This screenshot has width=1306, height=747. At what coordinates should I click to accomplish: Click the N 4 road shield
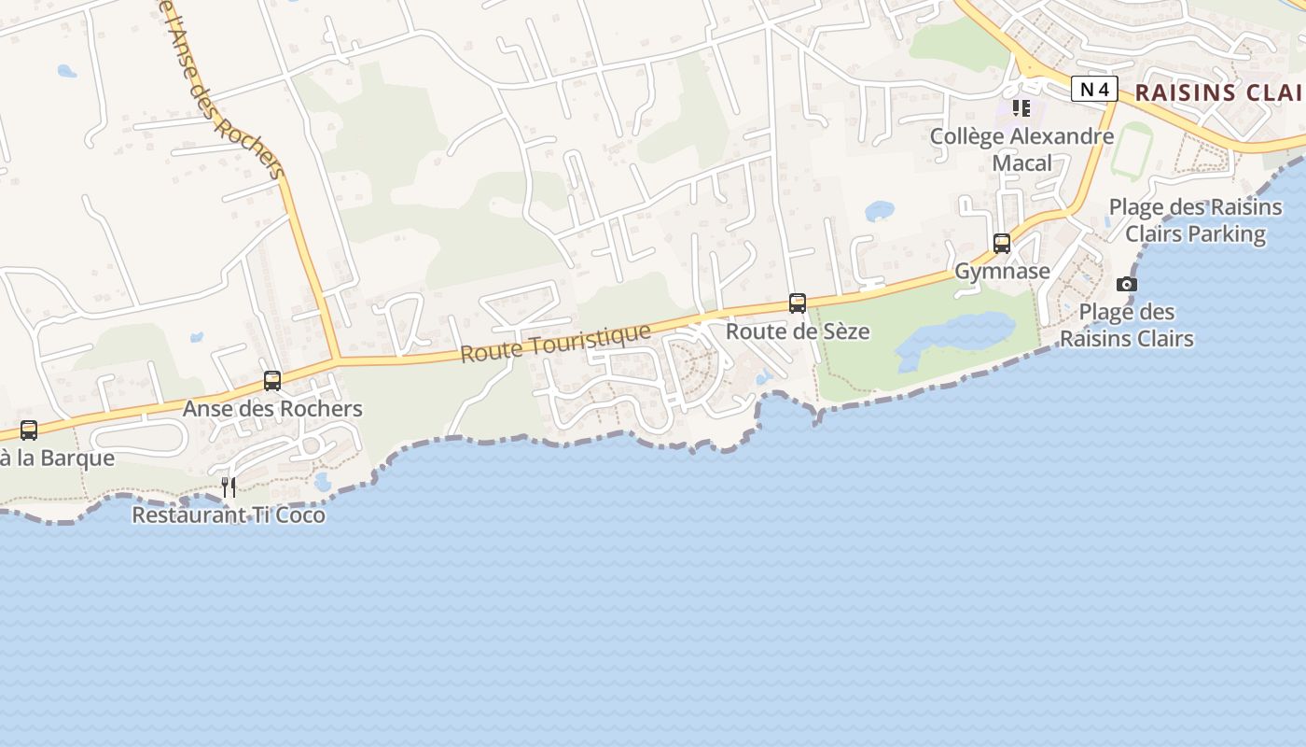click(x=1094, y=90)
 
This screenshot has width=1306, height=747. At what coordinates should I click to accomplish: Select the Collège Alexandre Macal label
click(x=1021, y=149)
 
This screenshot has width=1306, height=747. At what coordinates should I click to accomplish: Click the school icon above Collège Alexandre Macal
click(x=1021, y=108)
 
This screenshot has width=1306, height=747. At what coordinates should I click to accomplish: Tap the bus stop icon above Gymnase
click(x=1002, y=244)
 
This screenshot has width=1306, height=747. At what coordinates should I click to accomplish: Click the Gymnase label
click(x=1002, y=272)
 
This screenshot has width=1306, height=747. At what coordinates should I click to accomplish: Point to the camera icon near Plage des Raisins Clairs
click(x=1127, y=285)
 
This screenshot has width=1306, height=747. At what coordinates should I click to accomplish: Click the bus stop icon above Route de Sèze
click(x=798, y=303)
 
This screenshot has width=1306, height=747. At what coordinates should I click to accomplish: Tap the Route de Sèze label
click(x=798, y=331)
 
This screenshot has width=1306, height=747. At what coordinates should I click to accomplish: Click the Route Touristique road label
click(x=555, y=343)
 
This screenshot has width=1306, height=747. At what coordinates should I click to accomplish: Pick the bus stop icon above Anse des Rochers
click(x=272, y=381)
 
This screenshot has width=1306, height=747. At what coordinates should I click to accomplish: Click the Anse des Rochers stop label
click(x=272, y=409)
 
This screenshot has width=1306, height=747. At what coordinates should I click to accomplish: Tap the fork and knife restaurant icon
click(x=229, y=486)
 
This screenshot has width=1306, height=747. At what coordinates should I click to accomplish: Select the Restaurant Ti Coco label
click(x=229, y=514)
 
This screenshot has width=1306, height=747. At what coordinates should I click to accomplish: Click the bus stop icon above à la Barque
click(x=29, y=430)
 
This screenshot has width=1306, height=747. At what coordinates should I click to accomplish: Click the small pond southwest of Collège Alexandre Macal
click(x=879, y=211)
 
